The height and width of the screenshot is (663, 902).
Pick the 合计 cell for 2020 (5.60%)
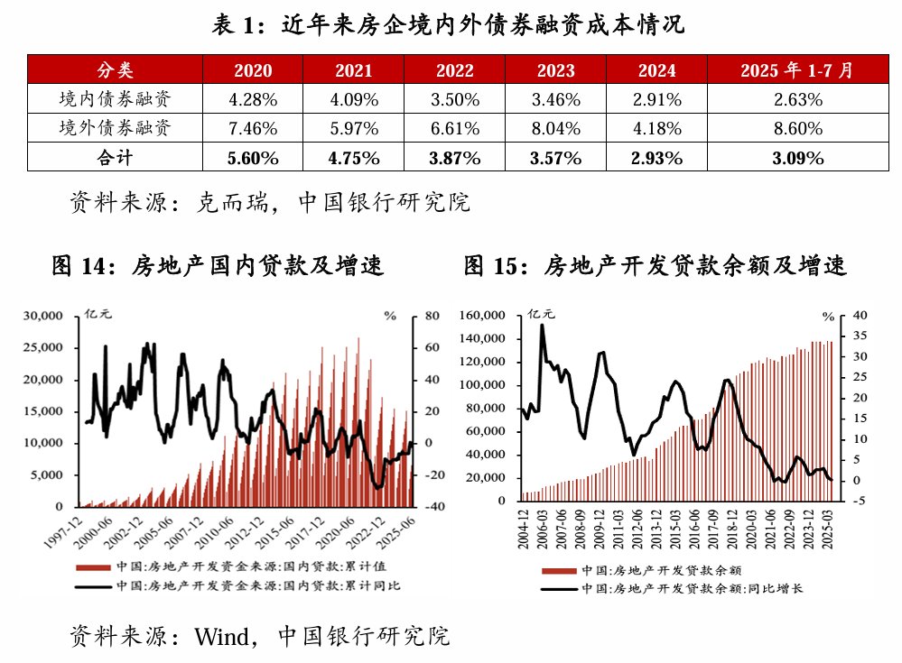click(x=253, y=158)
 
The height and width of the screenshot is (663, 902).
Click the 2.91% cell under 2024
click(x=656, y=99)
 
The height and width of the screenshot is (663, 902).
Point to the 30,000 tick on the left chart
click(x=42, y=317)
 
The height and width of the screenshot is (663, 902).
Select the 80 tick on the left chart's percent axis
click(x=431, y=317)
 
